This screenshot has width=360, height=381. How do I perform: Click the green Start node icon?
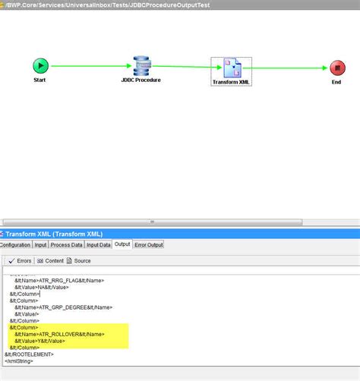pyautogui.click(x=40, y=66)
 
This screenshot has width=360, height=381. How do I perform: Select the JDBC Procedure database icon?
pyautogui.click(x=141, y=65)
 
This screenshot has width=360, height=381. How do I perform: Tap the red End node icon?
pyautogui.click(x=337, y=68)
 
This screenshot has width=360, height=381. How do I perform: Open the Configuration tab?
pyautogui.click(x=15, y=244)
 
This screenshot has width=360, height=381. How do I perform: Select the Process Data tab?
pyautogui.click(x=66, y=244)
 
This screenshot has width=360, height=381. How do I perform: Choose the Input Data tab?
pyautogui.click(x=99, y=244)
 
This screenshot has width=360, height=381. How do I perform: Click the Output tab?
pyautogui.click(x=122, y=244)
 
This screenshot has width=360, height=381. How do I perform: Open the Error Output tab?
pyautogui.click(x=149, y=244)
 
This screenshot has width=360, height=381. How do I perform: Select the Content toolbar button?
pyautogui.click(x=50, y=261)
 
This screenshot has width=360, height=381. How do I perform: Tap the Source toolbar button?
pyautogui.click(x=79, y=261)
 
